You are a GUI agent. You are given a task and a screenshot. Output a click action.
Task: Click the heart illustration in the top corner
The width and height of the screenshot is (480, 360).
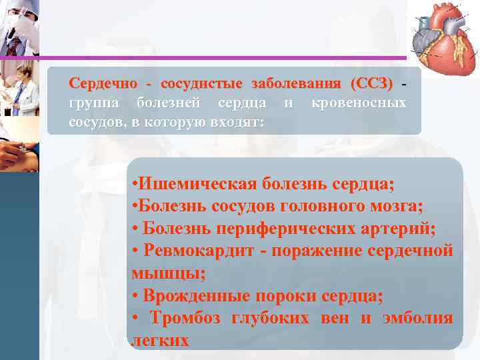click(443, 34)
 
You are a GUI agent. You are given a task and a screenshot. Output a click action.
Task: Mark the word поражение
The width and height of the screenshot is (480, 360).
click(326, 251)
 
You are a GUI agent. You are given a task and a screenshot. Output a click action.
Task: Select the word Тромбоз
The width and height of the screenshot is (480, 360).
click(190, 319)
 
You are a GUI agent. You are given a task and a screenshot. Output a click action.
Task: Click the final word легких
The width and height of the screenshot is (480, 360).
click(161, 341)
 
